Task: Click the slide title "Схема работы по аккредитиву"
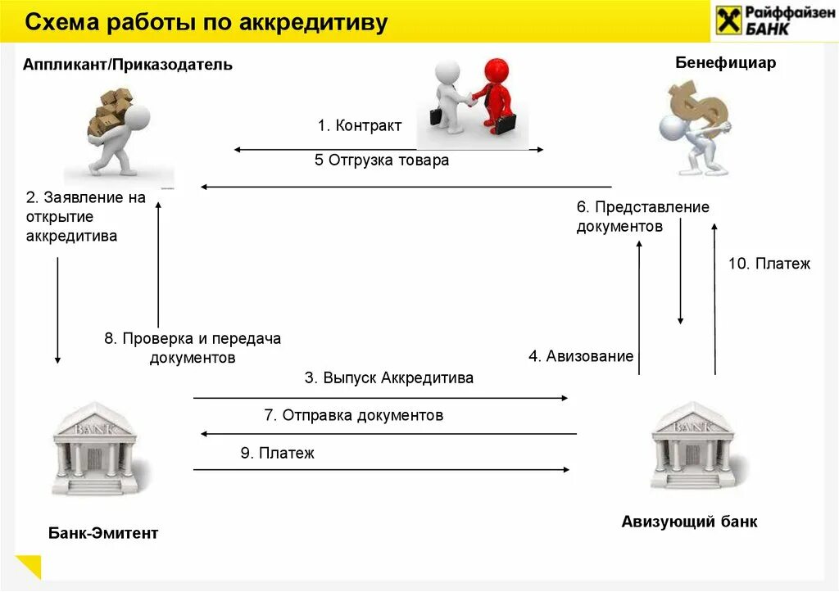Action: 205,23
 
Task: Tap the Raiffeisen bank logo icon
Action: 727,19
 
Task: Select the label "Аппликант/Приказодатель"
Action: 127,65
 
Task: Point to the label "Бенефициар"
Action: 725,63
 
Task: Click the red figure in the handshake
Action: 497,95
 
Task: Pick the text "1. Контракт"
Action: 360,126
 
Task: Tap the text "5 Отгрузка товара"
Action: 382,160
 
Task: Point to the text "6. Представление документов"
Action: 642,217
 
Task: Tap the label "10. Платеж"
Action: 769,264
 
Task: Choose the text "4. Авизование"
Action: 581,356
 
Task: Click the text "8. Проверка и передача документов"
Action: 193,348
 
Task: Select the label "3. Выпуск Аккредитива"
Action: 389,378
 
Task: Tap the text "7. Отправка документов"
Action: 353,415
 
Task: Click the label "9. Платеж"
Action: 277,453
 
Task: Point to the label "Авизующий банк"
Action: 689,522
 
